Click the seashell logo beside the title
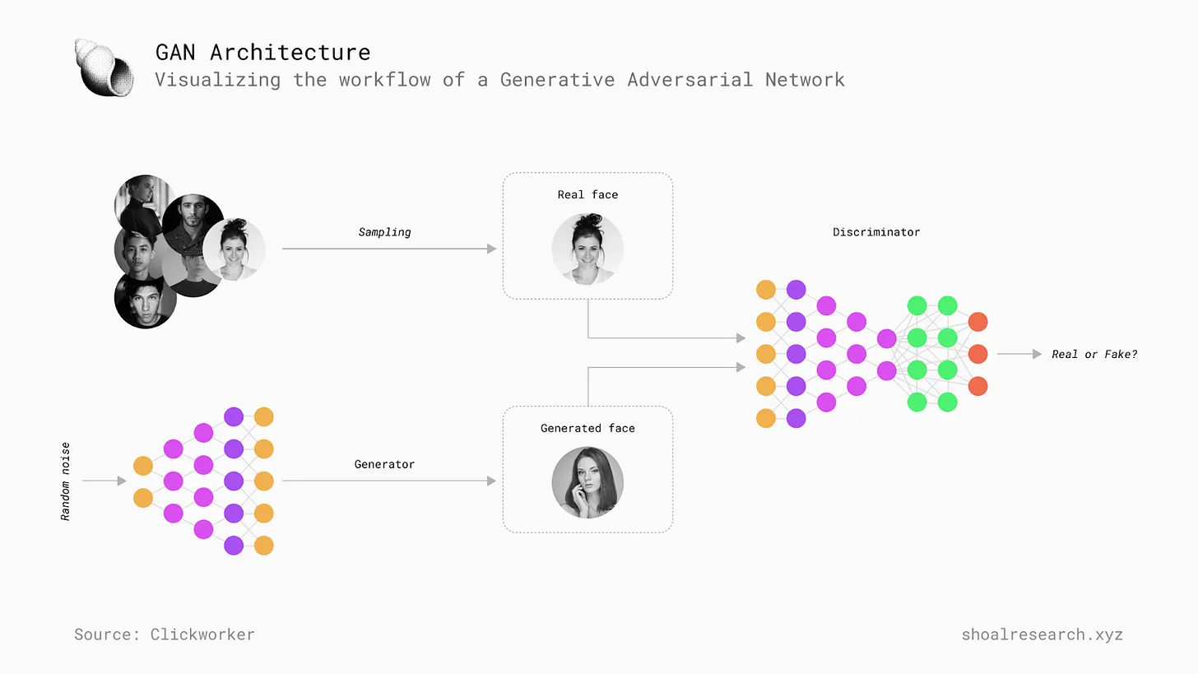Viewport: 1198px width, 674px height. tap(104, 68)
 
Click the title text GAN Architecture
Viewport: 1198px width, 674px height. tap(263, 53)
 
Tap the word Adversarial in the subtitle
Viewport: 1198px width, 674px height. tap(690, 80)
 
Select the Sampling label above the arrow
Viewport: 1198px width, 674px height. tap(384, 232)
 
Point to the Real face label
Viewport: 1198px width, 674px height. tap(587, 195)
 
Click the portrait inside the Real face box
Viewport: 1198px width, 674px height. tap(587, 249)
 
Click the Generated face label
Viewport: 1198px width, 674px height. tap(587, 428)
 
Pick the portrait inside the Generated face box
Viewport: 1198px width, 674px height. tap(587, 482)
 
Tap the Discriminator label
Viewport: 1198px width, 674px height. tap(876, 232)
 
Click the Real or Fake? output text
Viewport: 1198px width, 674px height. tap(1094, 354)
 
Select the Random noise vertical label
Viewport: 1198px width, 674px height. tap(65, 481)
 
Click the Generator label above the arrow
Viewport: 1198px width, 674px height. tap(384, 464)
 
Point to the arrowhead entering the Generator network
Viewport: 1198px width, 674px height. tap(122, 481)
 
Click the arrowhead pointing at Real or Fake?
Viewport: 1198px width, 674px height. tap(1037, 354)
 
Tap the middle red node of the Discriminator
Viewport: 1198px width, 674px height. tap(977, 354)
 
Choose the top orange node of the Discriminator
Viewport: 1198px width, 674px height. tap(766, 290)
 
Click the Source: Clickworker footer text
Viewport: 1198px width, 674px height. tap(165, 634)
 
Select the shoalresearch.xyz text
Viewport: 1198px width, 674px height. tap(1042, 634)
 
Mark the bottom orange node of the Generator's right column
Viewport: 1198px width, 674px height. tap(263, 546)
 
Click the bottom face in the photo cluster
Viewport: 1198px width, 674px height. tap(145, 300)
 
